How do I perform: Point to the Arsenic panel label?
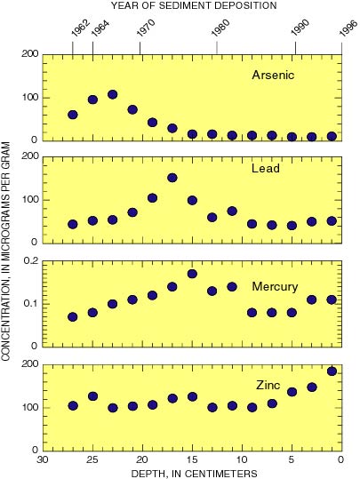coord(272,75)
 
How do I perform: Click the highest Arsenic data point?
coord(113,94)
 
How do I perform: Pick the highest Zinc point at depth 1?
coord(332,371)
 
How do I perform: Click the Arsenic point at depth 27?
coord(73,115)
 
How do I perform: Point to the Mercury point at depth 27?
coord(73,316)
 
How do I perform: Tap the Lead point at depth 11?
coord(232,212)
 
